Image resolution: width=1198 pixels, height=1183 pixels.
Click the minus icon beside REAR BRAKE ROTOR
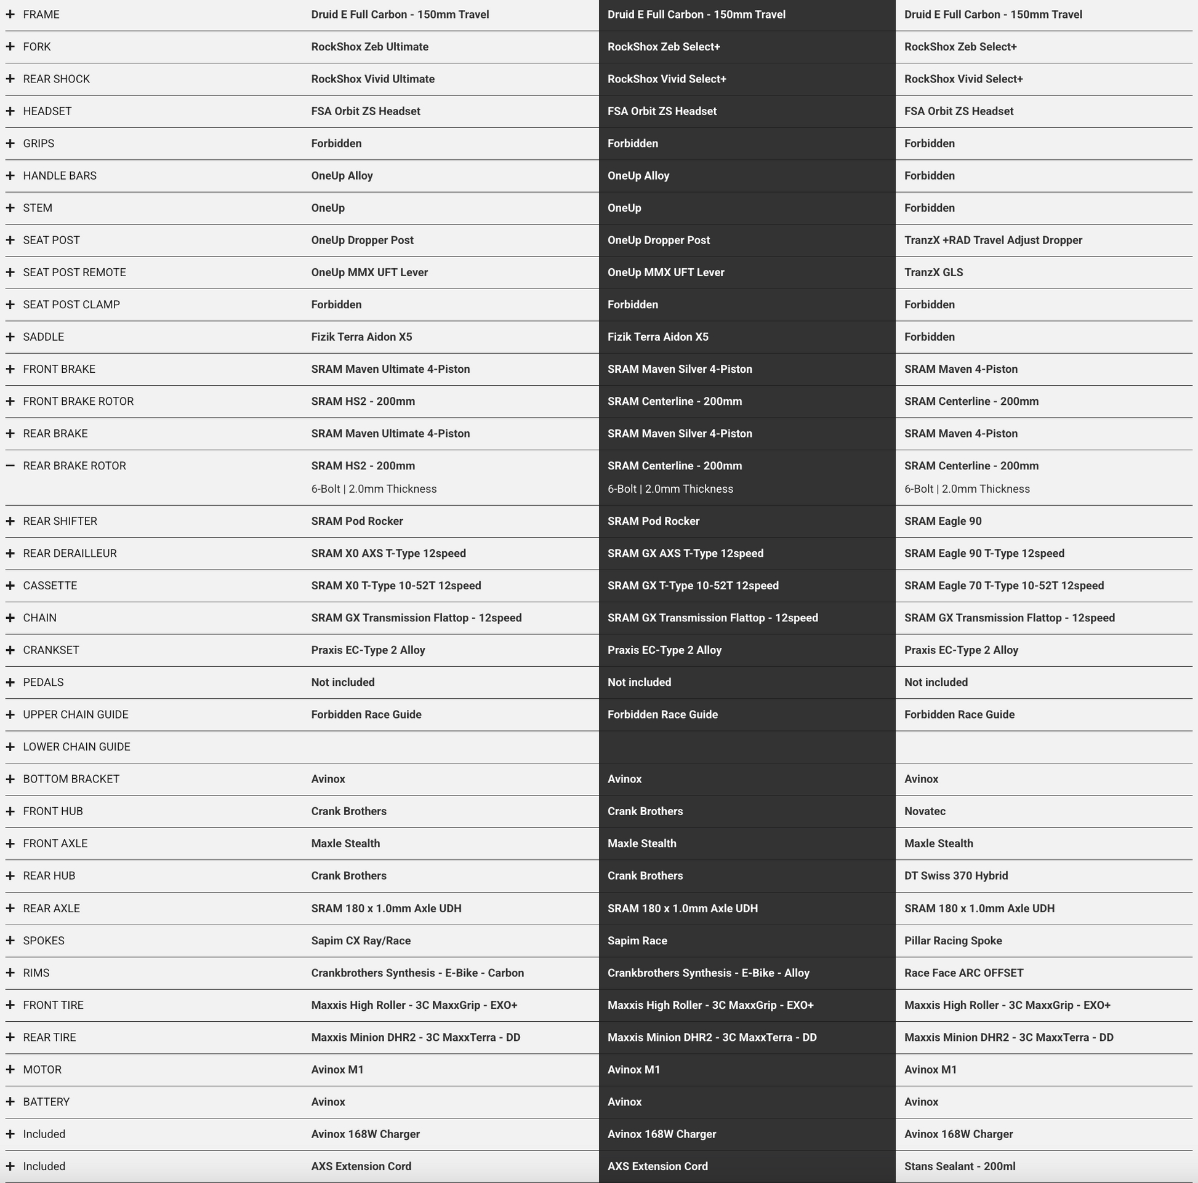[x=10, y=466]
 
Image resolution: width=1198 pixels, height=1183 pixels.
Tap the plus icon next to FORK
[x=10, y=47]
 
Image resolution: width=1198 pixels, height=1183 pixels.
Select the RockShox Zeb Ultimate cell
[x=369, y=47]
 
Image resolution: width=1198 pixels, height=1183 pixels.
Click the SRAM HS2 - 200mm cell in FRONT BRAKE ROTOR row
[x=363, y=402]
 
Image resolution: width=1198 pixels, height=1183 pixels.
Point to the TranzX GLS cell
[x=933, y=273]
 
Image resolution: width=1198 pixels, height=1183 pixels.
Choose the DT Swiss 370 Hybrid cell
[x=955, y=875]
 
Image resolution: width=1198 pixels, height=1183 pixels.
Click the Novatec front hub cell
[x=925, y=811]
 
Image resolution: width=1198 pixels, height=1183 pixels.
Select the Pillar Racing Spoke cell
[x=952, y=941]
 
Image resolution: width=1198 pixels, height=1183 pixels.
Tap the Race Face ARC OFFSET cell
[x=963, y=973]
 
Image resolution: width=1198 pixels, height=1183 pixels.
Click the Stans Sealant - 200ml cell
[x=959, y=1166]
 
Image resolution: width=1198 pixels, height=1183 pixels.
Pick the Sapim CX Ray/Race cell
[x=361, y=941]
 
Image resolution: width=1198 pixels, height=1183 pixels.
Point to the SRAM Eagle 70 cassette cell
[x=1003, y=586]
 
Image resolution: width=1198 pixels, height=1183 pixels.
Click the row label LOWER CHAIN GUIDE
[x=76, y=747]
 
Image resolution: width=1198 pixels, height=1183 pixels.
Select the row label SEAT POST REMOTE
[x=74, y=273]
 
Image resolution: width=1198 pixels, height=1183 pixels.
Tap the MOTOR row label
[x=42, y=1070]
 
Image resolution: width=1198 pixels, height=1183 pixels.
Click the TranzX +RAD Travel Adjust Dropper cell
[x=993, y=241]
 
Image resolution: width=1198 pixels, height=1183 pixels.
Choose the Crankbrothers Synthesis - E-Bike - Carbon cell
[x=417, y=973]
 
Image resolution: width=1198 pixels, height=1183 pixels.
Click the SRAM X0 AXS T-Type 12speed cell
[x=388, y=554]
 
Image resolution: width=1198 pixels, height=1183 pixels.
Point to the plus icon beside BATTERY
[x=10, y=1102]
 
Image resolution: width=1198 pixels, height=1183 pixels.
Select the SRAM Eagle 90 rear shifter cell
[x=943, y=521]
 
